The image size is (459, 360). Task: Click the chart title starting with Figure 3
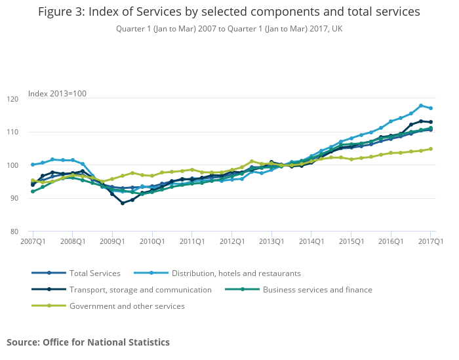coord(229,12)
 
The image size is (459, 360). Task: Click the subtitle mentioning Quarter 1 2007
coord(229,29)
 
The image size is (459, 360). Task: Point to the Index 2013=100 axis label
coord(57,94)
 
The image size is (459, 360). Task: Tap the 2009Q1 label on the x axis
coord(112,241)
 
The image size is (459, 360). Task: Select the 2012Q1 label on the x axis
coord(231,241)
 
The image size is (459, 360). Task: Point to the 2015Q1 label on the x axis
coord(351,241)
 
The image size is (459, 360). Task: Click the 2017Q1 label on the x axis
coord(431,241)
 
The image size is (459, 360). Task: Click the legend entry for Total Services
coord(95,273)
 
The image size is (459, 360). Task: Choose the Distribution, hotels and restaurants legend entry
coord(236,273)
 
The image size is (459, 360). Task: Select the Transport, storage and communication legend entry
coord(140,290)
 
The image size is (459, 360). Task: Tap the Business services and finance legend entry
coord(317,290)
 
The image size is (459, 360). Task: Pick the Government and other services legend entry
coord(127,306)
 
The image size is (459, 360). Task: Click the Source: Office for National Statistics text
coord(88,342)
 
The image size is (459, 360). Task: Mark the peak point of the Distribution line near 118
coord(421,106)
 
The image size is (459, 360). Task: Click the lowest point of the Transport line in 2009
coord(122,203)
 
